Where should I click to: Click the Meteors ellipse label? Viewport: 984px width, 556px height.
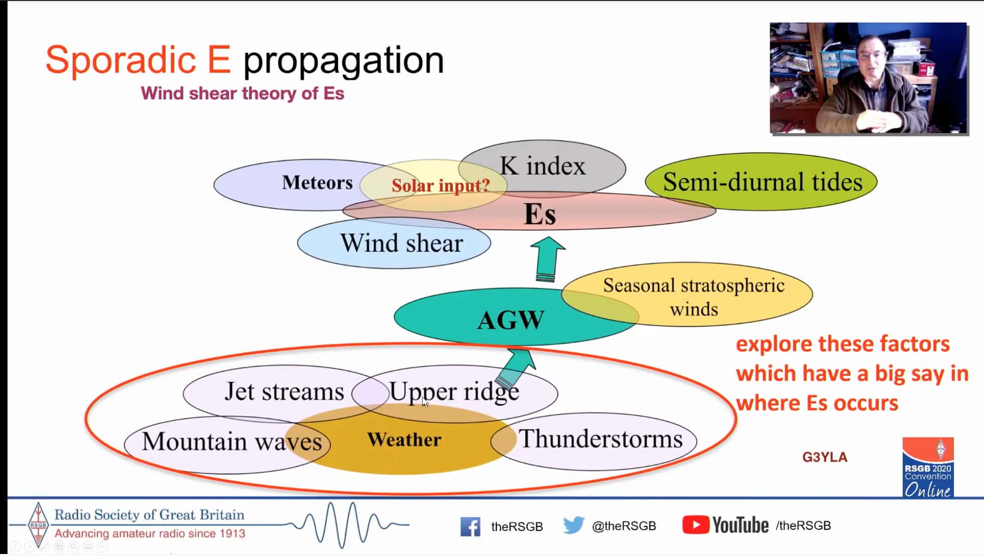[317, 183]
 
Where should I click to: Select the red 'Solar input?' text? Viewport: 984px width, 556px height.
[440, 186]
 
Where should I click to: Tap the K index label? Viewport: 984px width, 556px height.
[542, 166]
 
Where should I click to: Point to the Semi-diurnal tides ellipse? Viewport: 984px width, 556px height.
[761, 182]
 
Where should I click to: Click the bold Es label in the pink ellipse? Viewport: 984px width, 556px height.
[540, 214]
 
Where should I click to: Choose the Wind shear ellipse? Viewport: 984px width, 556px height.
[394, 243]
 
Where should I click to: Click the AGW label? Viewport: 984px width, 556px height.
[511, 320]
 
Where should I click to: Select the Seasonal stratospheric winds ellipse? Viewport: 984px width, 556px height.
[687, 294]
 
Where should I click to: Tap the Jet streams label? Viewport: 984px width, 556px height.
[284, 391]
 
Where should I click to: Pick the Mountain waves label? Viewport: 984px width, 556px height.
[232, 442]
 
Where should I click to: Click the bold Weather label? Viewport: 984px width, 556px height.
[404, 440]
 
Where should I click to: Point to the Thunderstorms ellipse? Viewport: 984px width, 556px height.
[593, 441]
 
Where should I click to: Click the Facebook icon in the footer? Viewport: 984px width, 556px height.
[470, 526]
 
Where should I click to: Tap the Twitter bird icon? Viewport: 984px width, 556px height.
[573, 525]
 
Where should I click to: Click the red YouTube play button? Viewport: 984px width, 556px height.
[695, 525]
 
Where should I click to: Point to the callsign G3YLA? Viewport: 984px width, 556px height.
[825, 457]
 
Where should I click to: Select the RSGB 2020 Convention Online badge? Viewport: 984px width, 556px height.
[928, 467]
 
